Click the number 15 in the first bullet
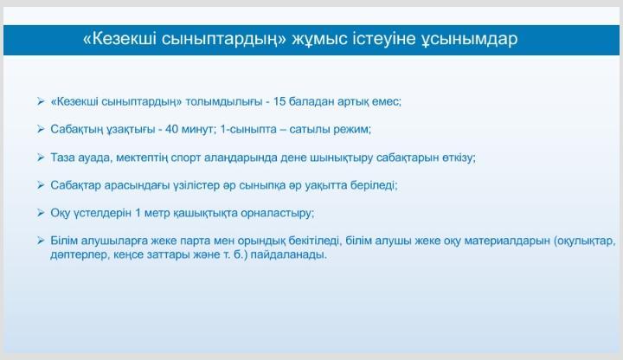pyautogui.click(x=279, y=101)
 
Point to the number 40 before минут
pyautogui.click(x=171, y=129)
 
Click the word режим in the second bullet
pyautogui.click(x=352, y=130)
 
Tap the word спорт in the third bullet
pyautogui.click(x=185, y=158)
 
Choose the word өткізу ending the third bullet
pyautogui.click(x=459, y=157)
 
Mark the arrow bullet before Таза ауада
pyautogui.click(x=41, y=157)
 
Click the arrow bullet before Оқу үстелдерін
pyautogui.click(x=41, y=213)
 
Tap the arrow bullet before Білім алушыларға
pyautogui.click(x=41, y=241)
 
